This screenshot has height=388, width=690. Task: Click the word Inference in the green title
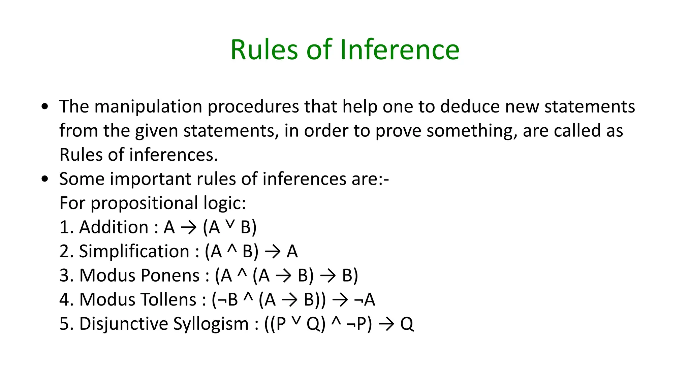coord(400,50)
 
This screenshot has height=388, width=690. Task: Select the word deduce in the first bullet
coord(467,107)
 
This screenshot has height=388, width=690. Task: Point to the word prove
coord(398,131)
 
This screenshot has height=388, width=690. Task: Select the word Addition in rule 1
coord(114,227)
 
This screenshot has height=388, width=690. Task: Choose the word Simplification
coord(134,252)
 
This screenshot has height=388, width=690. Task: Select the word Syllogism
coord(211,324)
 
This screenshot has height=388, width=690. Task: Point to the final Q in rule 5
coord(407,324)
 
